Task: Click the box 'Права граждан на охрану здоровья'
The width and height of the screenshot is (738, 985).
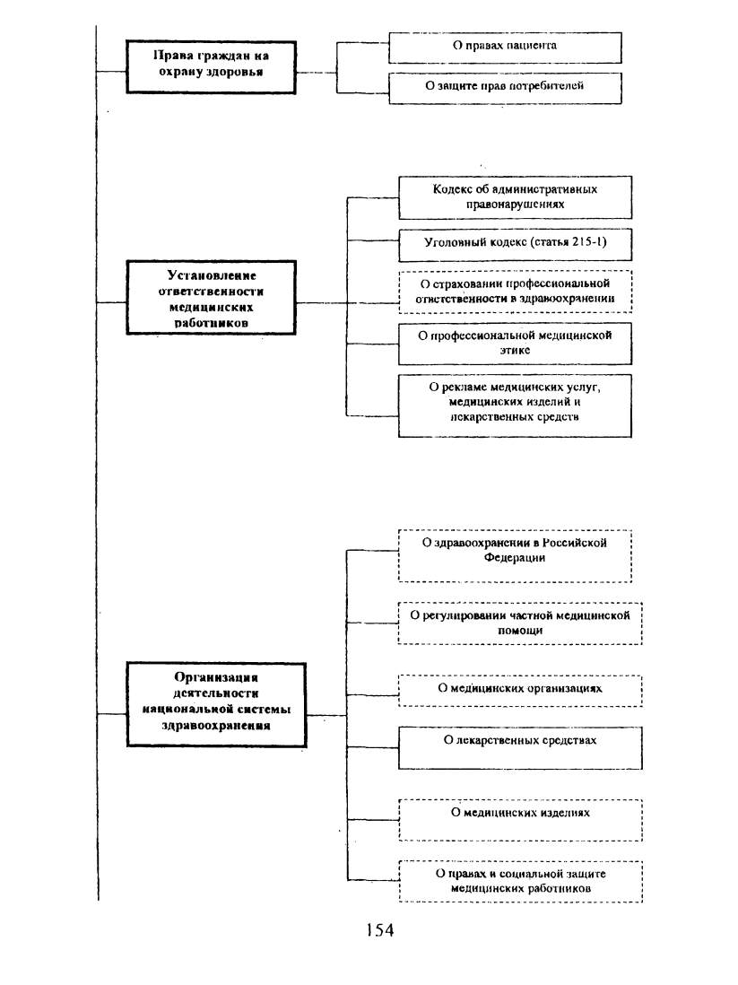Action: (211, 67)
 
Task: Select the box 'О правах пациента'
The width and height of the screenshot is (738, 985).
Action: (505, 48)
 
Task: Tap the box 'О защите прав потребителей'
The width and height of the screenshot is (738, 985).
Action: (505, 88)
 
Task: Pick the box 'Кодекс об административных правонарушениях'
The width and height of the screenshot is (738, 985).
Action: (515, 197)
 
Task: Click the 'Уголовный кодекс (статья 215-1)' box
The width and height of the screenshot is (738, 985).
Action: (515, 244)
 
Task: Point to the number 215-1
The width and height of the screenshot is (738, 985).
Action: (589, 242)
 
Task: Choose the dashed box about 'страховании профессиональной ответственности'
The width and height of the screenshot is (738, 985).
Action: (515, 292)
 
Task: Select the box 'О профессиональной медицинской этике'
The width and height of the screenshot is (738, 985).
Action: (515, 344)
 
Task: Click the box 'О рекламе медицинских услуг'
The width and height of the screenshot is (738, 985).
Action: (515, 405)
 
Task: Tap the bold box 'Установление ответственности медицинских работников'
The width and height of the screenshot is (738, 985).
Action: (211, 298)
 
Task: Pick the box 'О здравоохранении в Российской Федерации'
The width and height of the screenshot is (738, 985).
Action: (515, 556)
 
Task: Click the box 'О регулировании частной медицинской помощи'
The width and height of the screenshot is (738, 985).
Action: (520, 623)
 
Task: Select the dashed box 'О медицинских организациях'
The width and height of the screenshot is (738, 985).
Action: (520, 691)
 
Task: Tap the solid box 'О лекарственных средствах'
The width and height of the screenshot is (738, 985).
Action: (520, 748)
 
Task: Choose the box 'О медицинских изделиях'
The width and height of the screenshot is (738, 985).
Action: (520, 820)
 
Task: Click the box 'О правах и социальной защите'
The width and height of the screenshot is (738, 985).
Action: (520, 882)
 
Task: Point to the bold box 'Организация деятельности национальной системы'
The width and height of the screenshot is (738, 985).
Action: (216, 705)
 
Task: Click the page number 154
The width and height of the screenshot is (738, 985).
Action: (380, 929)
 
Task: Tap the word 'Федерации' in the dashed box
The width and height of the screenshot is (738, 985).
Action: (515, 558)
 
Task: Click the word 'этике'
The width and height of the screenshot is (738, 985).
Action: (515, 351)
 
